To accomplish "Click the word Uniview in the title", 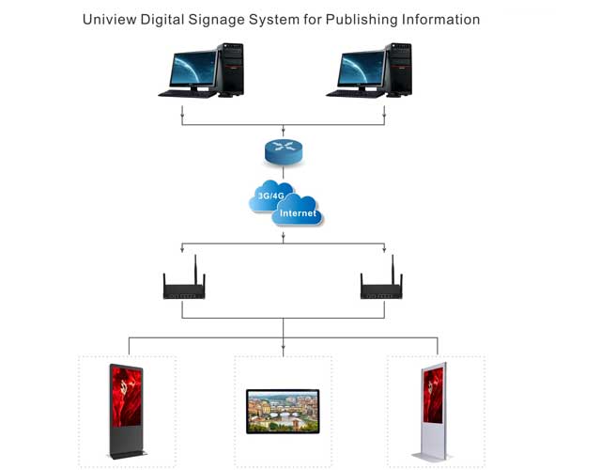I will click(x=109, y=19).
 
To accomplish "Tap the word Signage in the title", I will click(x=215, y=19).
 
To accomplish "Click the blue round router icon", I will click(x=283, y=150).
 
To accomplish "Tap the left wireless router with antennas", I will click(x=184, y=289).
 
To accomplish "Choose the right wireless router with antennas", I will click(x=381, y=289).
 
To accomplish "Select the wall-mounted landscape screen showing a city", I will click(x=283, y=411).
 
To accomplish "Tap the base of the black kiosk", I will click(x=128, y=457).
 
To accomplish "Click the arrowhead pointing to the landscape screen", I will click(x=283, y=352).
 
